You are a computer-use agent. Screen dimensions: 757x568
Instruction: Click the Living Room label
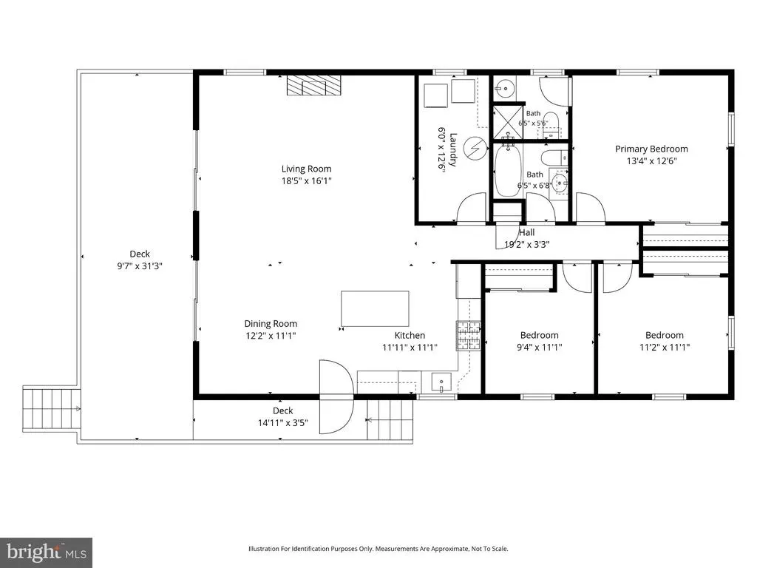[x=307, y=169]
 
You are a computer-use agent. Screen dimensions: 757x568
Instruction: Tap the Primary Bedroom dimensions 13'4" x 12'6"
[x=652, y=160]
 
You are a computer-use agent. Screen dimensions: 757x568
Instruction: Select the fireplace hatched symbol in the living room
[x=313, y=86]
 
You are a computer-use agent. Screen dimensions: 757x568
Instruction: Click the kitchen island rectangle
[x=375, y=308]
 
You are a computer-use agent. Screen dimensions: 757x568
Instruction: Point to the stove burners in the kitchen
[x=469, y=336]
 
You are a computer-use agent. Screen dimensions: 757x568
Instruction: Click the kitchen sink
[x=441, y=382]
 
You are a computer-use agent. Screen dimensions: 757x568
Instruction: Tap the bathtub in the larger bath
[x=507, y=171]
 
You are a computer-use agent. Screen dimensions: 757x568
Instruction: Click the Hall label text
[x=526, y=232]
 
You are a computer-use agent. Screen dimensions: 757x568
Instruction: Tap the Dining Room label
[x=271, y=324]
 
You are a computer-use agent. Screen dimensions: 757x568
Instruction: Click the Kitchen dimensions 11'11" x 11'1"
[x=410, y=347]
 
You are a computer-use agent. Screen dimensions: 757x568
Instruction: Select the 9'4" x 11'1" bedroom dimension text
[x=539, y=347]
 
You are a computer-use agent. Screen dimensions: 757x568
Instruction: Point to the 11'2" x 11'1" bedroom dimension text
[x=665, y=347]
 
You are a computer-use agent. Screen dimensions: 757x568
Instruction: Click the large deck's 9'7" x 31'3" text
[x=140, y=266]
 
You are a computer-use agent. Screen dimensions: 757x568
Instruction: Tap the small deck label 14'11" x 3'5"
[x=283, y=422]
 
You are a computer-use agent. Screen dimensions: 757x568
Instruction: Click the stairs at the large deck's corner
[x=51, y=408]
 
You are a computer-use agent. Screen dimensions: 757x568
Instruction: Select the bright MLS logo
[x=47, y=552]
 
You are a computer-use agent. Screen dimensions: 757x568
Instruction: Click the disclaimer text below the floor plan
[x=378, y=549]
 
